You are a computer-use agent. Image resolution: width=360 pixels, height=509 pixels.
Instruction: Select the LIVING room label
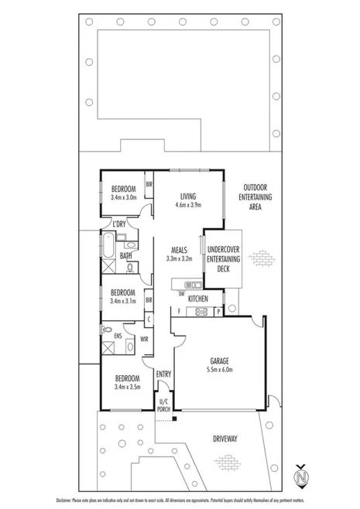[x=190, y=196]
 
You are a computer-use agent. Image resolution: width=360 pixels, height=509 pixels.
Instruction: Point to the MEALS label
[x=182, y=250]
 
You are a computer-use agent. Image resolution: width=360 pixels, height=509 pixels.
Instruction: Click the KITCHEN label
[x=198, y=298]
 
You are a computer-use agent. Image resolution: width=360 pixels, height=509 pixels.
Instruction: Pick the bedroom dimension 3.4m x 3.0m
[x=124, y=197]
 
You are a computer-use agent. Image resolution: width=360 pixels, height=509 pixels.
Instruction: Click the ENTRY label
[x=164, y=374]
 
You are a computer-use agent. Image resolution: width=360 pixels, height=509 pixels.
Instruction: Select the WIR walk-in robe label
[x=144, y=338]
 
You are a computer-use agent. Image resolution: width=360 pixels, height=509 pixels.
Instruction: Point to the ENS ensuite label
[x=118, y=336]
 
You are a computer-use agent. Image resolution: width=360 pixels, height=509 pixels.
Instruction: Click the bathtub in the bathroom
[x=109, y=248]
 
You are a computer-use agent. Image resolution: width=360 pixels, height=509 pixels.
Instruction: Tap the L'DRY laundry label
[x=119, y=225]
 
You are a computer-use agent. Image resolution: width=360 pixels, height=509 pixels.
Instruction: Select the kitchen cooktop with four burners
[x=201, y=312]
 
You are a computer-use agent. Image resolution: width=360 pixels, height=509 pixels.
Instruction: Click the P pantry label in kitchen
[x=220, y=311]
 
